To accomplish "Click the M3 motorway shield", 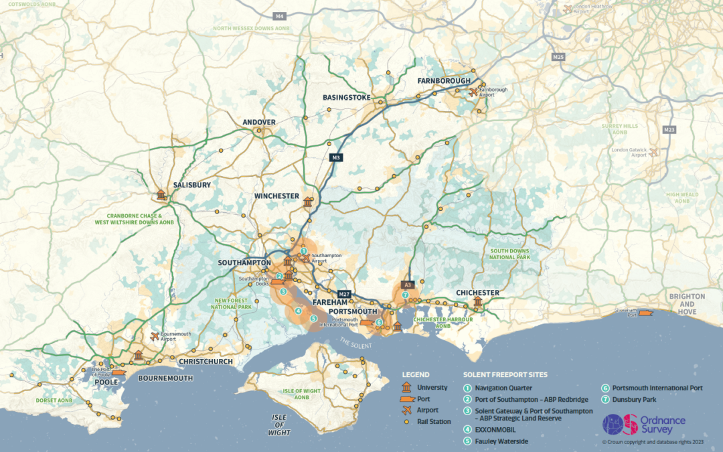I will pyautogui.click(x=337, y=158).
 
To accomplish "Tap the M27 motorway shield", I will pyautogui.click(x=345, y=294).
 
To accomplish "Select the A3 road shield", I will pyautogui.click(x=407, y=285).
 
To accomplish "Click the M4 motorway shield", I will pyautogui.click(x=279, y=15).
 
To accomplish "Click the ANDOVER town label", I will pyautogui.click(x=259, y=122).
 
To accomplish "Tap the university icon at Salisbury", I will pyautogui.click(x=161, y=196).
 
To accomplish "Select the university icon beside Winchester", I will pyautogui.click(x=308, y=202).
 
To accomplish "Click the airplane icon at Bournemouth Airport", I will pyautogui.click(x=155, y=336).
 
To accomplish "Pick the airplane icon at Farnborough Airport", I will pyautogui.click(x=474, y=92).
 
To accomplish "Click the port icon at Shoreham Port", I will pyautogui.click(x=645, y=314).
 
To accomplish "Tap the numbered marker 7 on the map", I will pyautogui.click(x=405, y=295).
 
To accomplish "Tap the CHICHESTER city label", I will pyautogui.click(x=477, y=293).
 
